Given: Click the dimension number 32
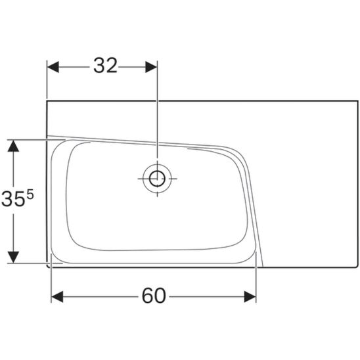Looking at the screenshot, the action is click(105, 66).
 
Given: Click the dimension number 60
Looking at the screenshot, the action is click(154, 296).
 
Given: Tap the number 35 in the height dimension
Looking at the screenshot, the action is click(13, 199).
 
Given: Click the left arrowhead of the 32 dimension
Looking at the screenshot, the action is click(53, 67).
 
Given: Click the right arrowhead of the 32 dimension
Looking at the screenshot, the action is click(151, 67).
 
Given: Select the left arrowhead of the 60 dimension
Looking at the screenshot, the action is click(57, 297).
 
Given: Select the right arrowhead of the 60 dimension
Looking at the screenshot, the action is click(250, 297).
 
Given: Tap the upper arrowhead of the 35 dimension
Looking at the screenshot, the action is click(13, 146).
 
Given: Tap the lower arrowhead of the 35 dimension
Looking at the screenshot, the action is click(13, 257).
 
